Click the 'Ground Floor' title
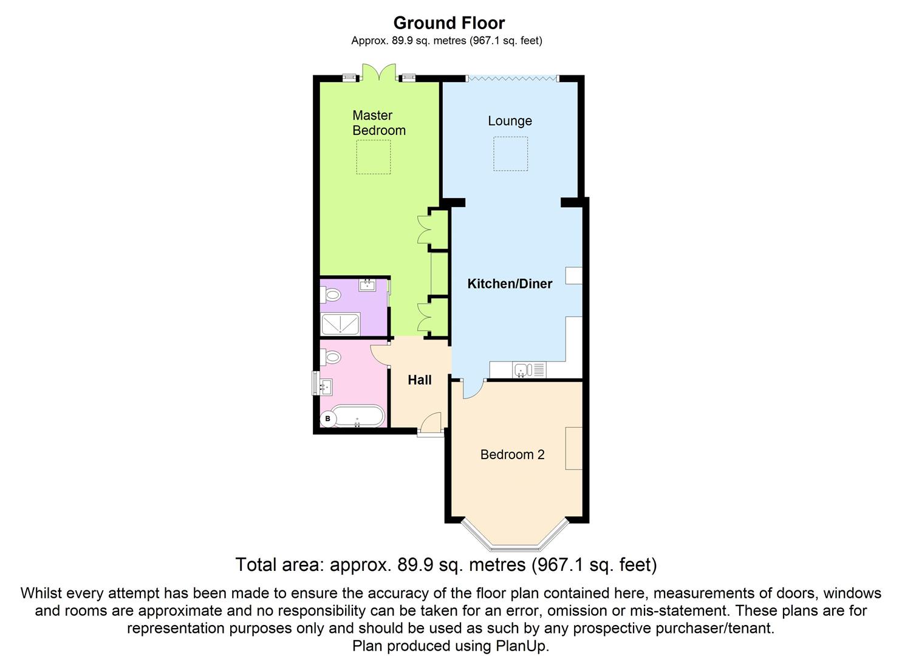click(x=449, y=23)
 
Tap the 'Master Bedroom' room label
click(x=378, y=123)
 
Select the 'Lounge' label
click(x=510, y=121)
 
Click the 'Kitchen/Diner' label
click(x=510, y=284)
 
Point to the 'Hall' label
click(x=420, y=380)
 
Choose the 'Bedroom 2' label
click(x=512, y=454)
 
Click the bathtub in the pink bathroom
click(x=359, y=417)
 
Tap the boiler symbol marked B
click(x=328, y=419)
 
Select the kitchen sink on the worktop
click(x=522, y=369)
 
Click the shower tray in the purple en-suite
click(x=340, y=324)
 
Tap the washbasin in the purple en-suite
click(x=367, y=284)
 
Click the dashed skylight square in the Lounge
click(x=510, y=154)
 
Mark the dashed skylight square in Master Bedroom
click(x=373, y=157)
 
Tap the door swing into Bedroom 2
click(x=473, y=389)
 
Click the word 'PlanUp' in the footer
click(x=528, y=646)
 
